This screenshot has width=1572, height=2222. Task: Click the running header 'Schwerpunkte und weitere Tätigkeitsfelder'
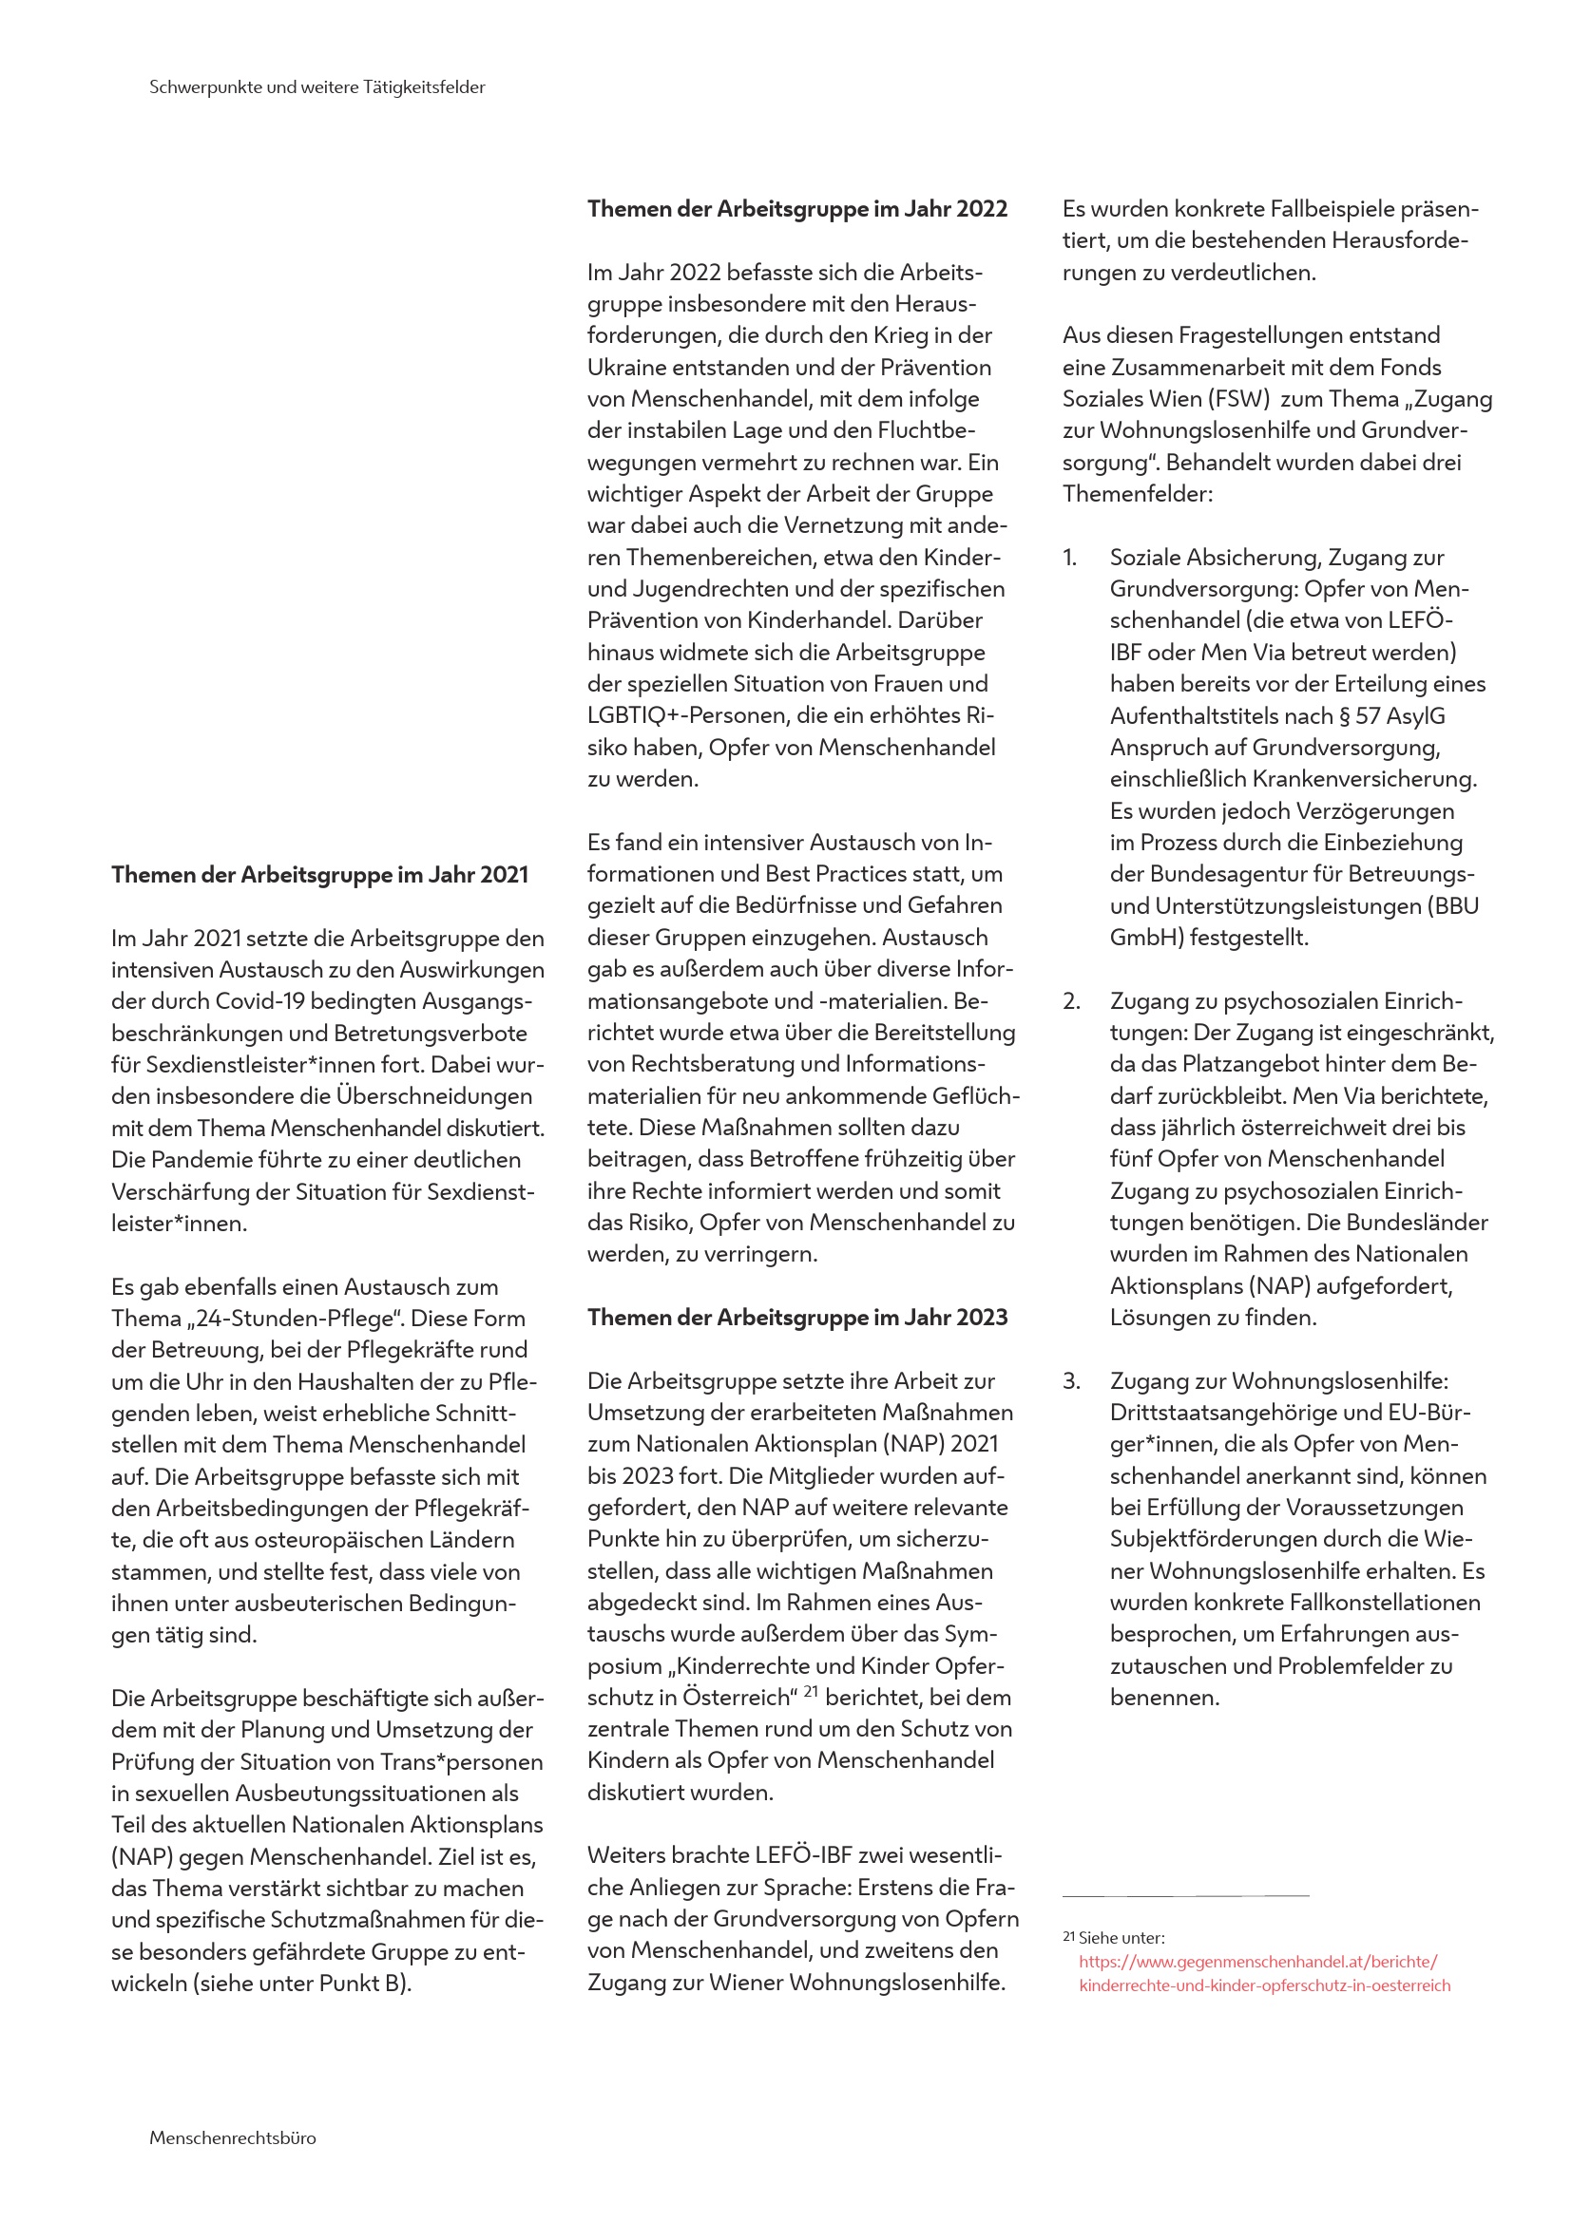[316, 87]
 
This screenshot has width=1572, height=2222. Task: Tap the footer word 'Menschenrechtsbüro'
[232, 2137]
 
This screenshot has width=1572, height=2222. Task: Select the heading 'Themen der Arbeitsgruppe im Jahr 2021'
[319, 875]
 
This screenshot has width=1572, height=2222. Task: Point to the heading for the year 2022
[796, 209]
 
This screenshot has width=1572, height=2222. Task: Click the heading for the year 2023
[796, 1317]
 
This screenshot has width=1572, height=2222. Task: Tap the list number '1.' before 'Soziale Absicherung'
[1069, 558]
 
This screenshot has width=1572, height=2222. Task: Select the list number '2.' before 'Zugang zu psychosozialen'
[1070, 1000]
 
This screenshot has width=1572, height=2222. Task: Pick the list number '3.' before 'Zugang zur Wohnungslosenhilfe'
[1070, 1381]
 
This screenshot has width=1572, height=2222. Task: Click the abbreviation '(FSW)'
[1237, 399]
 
